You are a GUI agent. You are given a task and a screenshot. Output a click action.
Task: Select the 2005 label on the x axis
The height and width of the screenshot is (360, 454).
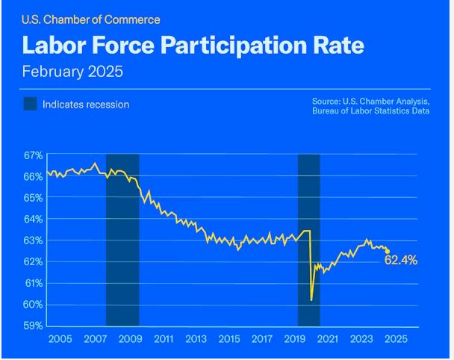[x=60, y=339]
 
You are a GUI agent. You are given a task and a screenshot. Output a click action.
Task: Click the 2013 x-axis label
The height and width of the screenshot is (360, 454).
[x=196, y=339]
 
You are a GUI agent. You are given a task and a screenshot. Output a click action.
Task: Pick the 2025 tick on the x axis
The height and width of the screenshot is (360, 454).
[x=396, y=339]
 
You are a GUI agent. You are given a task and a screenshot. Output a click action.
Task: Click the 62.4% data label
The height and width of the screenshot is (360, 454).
[x=401, y=261]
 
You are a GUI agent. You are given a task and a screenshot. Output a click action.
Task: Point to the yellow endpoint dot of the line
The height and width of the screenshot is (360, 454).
[x=387, y=252]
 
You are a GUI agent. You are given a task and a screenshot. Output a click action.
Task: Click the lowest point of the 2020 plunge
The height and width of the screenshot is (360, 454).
[x=311, y=300]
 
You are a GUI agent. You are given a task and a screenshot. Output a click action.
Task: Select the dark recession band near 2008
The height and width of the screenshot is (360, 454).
[x=122, y=239]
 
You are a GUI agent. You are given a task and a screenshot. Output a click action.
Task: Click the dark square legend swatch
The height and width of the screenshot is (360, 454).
[x=30, y=105]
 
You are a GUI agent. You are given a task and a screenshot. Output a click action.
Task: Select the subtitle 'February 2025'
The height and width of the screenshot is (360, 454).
[x=72, y=72]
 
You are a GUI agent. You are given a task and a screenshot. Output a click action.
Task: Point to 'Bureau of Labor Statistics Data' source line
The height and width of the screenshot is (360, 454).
[x=371, y=111]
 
